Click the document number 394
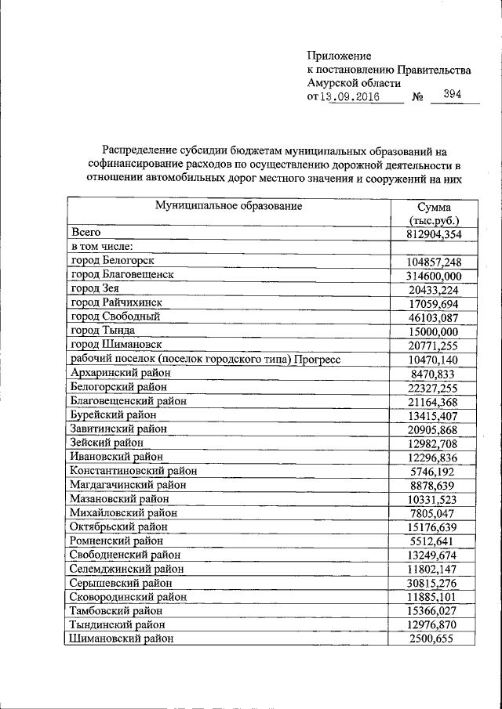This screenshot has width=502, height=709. pos(452,95)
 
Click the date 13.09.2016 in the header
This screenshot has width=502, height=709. pos(351,97)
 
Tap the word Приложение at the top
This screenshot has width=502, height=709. pos(339,56)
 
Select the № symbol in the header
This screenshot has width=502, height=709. pos(417,97)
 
